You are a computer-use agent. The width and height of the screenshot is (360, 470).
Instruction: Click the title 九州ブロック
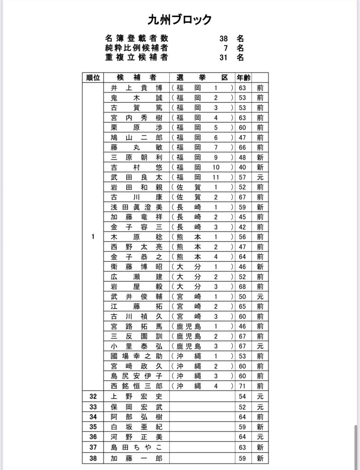point(180,20)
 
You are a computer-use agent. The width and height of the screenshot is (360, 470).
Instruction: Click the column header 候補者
point(137,78)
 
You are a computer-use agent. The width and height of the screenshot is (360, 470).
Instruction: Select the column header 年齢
point(243,78)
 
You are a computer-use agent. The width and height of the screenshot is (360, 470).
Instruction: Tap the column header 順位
point(93,78)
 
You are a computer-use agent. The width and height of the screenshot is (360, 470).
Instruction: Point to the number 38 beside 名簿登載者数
point(223,39)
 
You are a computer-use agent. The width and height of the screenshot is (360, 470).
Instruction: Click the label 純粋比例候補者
point(137,48)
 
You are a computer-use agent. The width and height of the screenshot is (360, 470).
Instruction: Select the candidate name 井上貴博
point(137,88)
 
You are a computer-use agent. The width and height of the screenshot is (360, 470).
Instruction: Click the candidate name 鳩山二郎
point(137,138)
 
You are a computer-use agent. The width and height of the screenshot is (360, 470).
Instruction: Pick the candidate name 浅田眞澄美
point(137,207)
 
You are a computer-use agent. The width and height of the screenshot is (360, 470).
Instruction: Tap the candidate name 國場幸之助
point(137,356)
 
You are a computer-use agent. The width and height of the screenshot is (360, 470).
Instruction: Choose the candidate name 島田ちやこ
point(137,447)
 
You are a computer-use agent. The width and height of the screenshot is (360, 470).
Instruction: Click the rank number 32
point(93,396)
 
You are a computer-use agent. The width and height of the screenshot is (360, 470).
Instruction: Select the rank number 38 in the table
point(93,458)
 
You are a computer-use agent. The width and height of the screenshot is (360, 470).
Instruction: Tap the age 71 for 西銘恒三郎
point(242,386)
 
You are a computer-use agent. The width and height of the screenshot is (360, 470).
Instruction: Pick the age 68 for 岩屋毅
point(242,287)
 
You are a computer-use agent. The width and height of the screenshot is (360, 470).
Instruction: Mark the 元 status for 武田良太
point(260,177)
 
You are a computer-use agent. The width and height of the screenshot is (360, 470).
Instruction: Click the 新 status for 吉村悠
point(260,167)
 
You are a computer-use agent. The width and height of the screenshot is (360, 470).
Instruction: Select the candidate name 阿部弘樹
point(137,417)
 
